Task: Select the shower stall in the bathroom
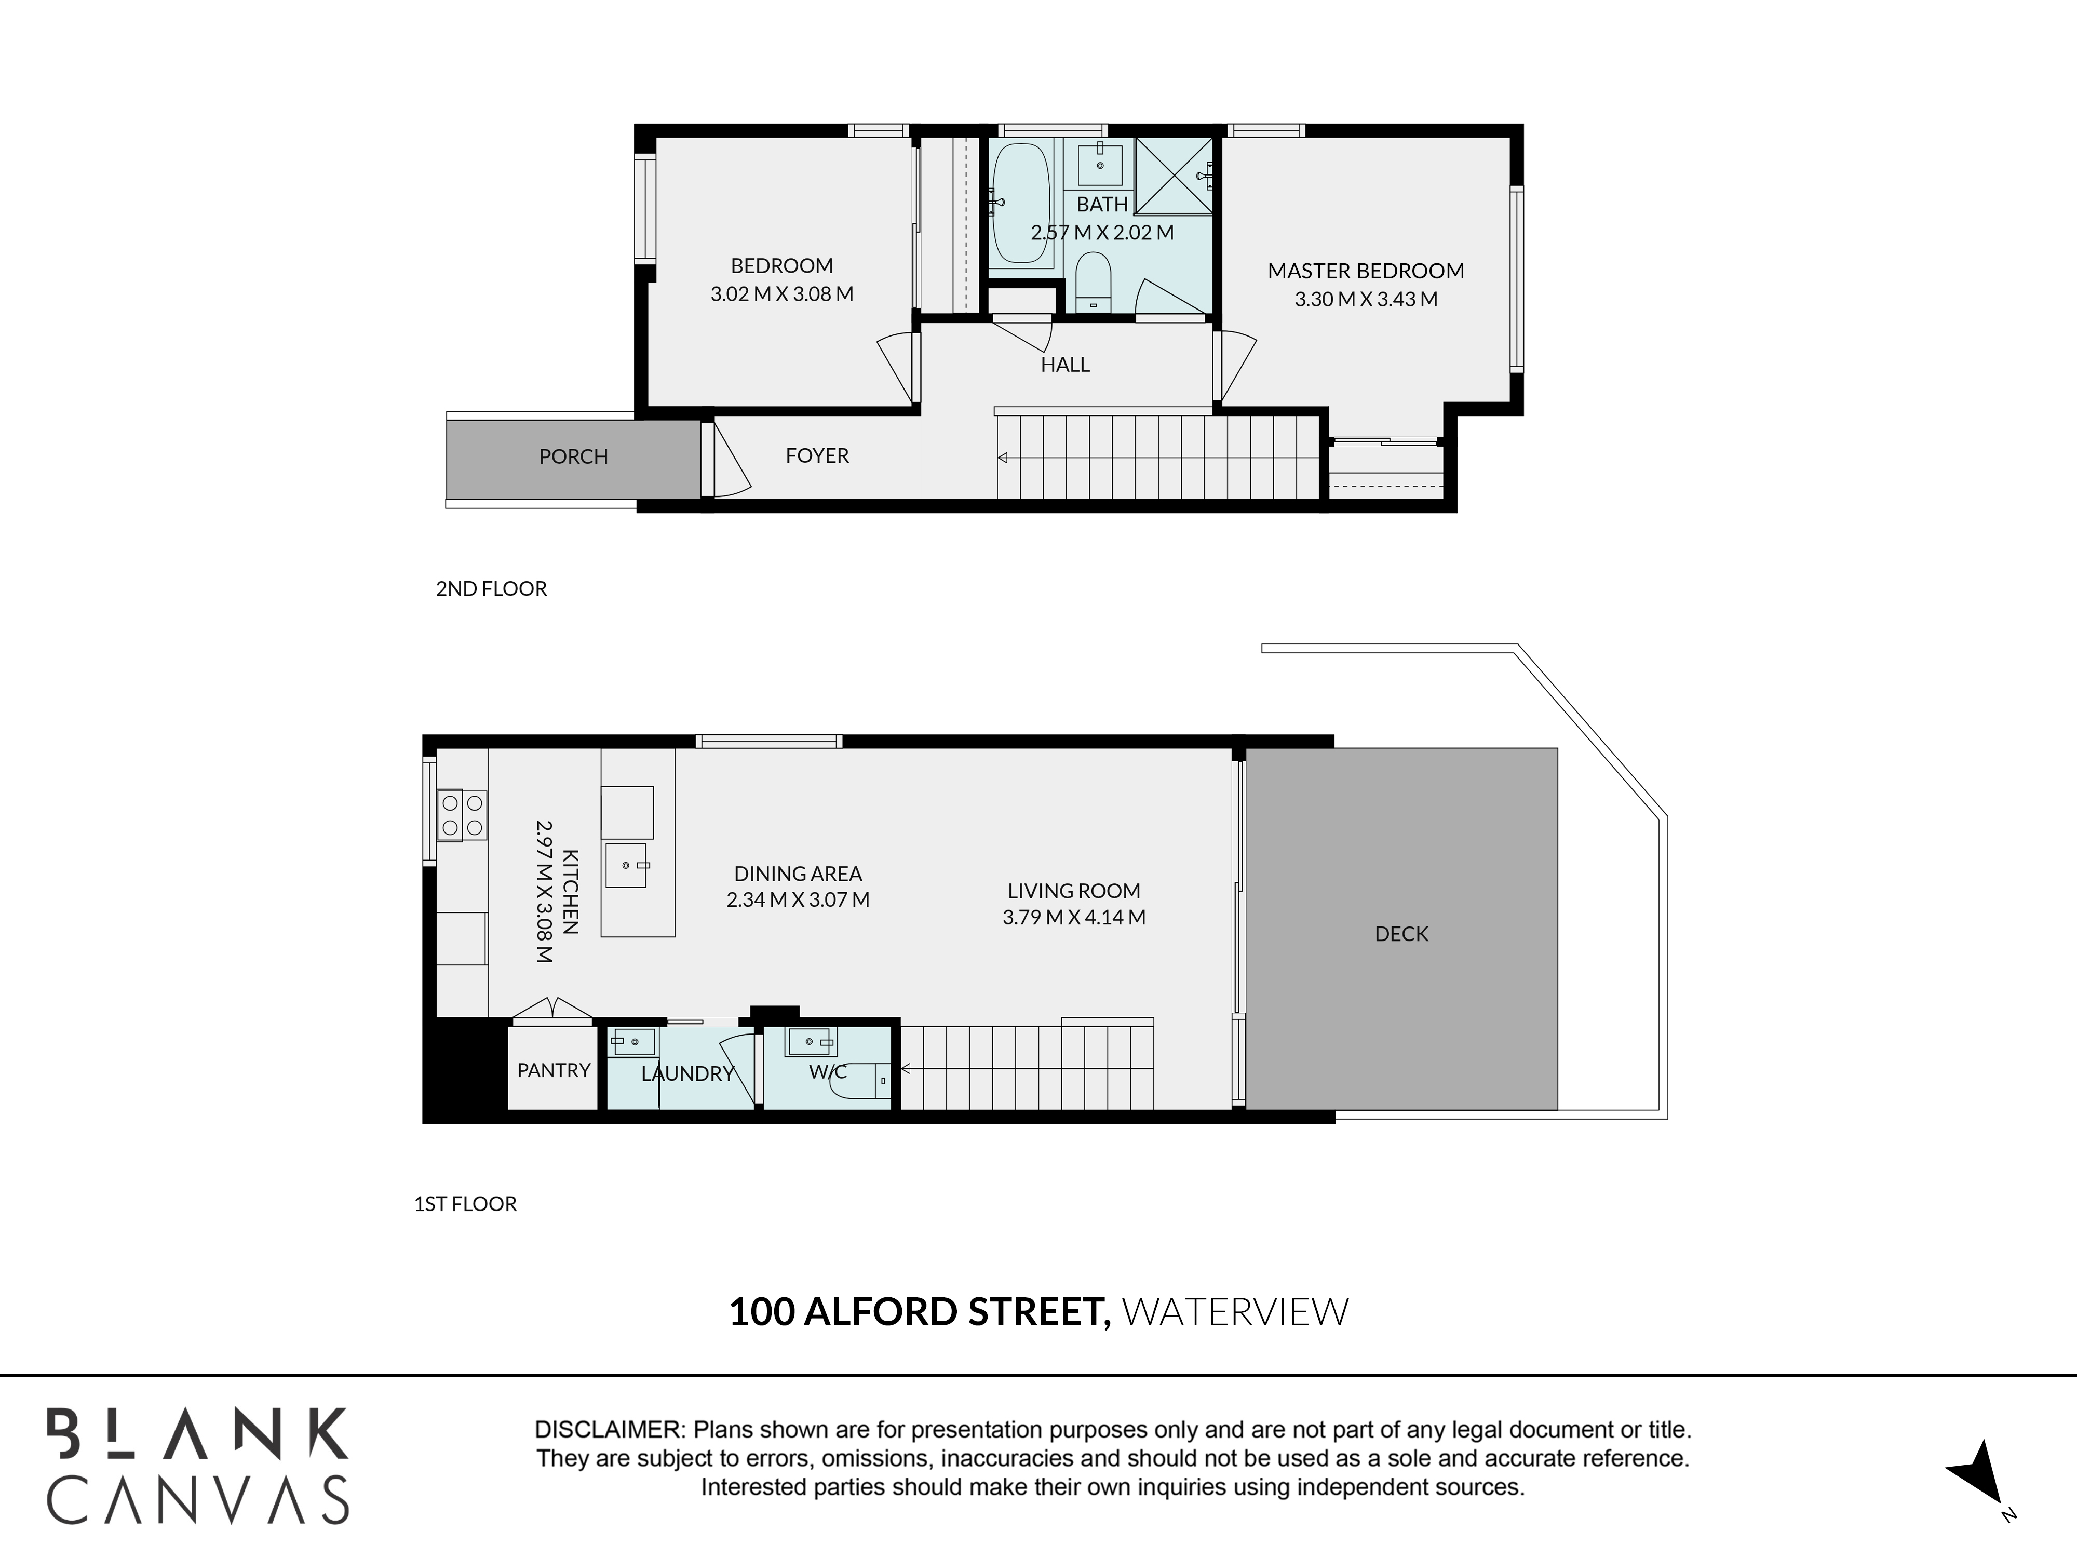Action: click(x=1173, y=177)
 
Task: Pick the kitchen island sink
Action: click(x=626, y=865)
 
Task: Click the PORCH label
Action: click(x=574, y=456)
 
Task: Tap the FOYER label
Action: click(x=817, y=455)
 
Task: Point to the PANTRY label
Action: click(x=554, y=1070)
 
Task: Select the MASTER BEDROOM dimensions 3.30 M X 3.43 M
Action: click(x=1366, y=300)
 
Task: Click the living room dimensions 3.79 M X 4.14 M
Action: click(x=1074, y=918)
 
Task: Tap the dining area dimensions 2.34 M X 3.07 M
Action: click(x=798, y=899)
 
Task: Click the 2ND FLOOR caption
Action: click(x=491, y=589)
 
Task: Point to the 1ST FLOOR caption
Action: click(x=466, y=1204)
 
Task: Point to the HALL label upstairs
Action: click(x=1065, y=365)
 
